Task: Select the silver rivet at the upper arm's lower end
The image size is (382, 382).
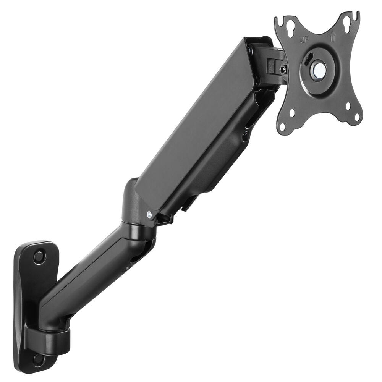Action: coord(149,215)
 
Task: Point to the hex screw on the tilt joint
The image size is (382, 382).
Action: coord(283,70)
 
